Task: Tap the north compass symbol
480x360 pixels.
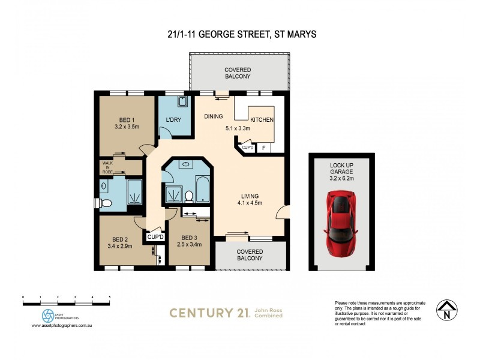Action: coord(444,310)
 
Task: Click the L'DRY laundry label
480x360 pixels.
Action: coord(173,121)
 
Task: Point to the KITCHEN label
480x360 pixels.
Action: coord(262,120)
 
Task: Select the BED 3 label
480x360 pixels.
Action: coord(189,237)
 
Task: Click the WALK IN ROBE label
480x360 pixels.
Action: coord(107,167)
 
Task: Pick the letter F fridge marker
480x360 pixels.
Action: coord(264,147)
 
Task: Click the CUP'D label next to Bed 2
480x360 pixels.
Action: coord(154,236)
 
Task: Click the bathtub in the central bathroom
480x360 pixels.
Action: coord(202,190)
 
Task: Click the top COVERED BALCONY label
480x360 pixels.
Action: coord(238,74)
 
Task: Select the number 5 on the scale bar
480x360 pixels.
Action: coord(109,297)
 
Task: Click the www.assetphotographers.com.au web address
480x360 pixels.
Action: coord(65,326)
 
